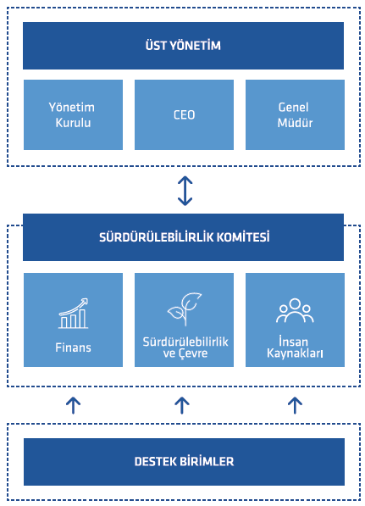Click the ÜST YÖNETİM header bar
(183, 46)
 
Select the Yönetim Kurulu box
(73, 114)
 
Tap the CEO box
(184, 114)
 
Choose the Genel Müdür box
(295, 114)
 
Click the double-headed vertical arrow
(185, 191)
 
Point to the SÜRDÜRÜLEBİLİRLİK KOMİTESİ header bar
(183, 237)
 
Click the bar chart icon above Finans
(73, 314)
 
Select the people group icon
(295, 310)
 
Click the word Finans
(73, 348)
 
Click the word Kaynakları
(295, 353)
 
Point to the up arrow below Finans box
(73, 405)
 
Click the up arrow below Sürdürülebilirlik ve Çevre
(182, 405)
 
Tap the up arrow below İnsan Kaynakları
(295, 405)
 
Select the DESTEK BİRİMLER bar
(184, 462)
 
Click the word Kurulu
(73, 123)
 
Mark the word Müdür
(295, 123)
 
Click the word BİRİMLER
(207, 461)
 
